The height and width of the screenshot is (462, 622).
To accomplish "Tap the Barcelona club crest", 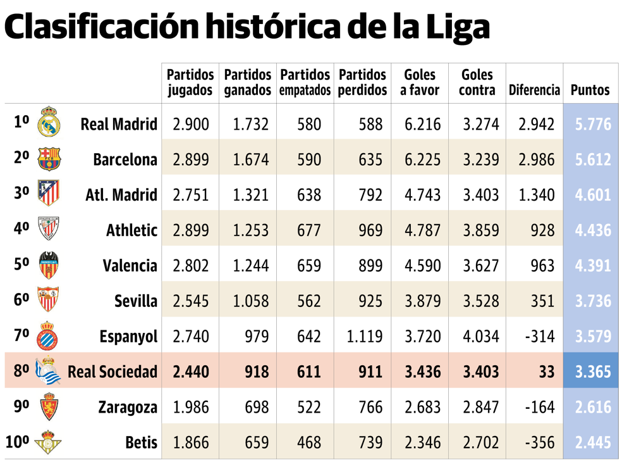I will point(49,158).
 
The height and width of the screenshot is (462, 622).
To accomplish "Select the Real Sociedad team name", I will point(112,372).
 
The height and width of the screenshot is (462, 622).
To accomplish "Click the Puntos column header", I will point(590,90).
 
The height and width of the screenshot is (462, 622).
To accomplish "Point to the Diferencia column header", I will point(534,90).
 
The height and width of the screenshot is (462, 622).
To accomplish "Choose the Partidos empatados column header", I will point(305,83).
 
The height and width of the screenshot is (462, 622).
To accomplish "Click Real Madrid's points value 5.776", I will point(592,124).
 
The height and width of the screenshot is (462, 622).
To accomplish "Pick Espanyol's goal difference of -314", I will point(539,337).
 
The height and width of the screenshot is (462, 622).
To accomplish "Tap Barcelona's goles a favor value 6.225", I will point(422,159).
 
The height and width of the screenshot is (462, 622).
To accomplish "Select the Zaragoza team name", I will point(127,408).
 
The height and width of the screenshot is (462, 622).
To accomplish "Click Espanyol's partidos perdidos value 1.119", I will point(365,337).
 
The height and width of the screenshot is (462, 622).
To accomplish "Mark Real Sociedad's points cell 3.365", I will point(592,372).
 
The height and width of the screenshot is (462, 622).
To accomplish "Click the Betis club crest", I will point(48,442).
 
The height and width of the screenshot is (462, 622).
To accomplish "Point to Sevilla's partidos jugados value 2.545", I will point(190,301).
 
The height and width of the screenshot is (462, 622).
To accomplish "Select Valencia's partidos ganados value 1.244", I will point(250,266).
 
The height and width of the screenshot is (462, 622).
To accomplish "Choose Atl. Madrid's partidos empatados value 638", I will point(308,195).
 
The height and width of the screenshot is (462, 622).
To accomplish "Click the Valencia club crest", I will point(49,265).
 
